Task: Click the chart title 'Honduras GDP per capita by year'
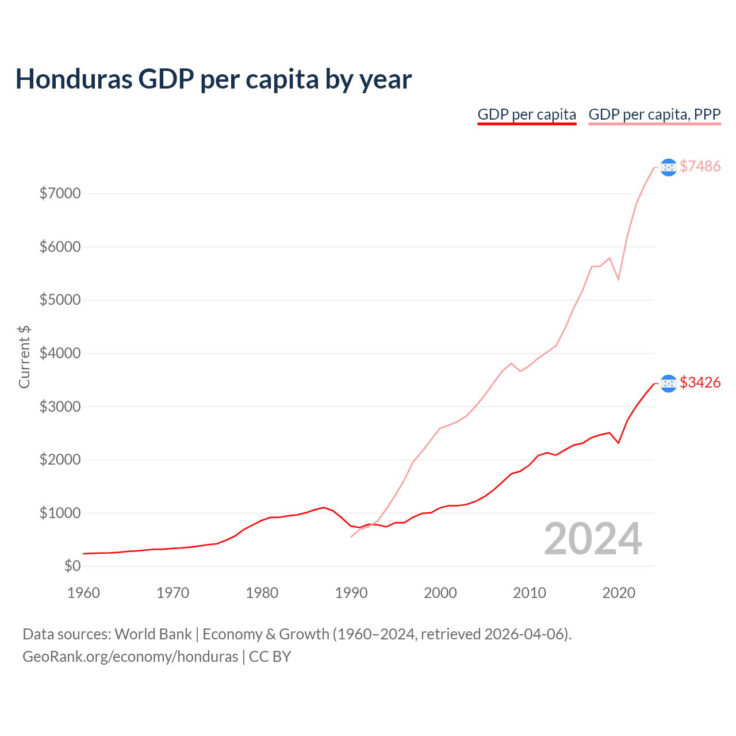coord(213,79)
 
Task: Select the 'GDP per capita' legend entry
coord(527,114)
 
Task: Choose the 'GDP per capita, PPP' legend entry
coord(654,114)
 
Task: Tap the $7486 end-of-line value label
coord(700,166)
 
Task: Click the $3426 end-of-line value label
coord(700,382)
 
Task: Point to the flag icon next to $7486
coord(668,167)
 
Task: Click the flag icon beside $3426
coord(668,383)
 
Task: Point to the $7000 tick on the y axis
coord(60,193)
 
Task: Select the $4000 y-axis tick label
coord(60,353)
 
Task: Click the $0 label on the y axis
coord(72,566)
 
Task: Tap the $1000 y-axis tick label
coord(60,513)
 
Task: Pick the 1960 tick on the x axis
coord(84,593)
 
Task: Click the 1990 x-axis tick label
coord(351,593)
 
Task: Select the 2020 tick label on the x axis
coord(619,593)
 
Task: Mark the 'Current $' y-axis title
coord(24,356)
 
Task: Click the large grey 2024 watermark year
coord(593,539)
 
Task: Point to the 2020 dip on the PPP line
coord(618,279)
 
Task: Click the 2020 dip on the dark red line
coord(618,443)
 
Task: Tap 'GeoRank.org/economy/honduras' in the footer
coord(130,657)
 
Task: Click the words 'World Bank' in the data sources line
coord(153,634)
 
